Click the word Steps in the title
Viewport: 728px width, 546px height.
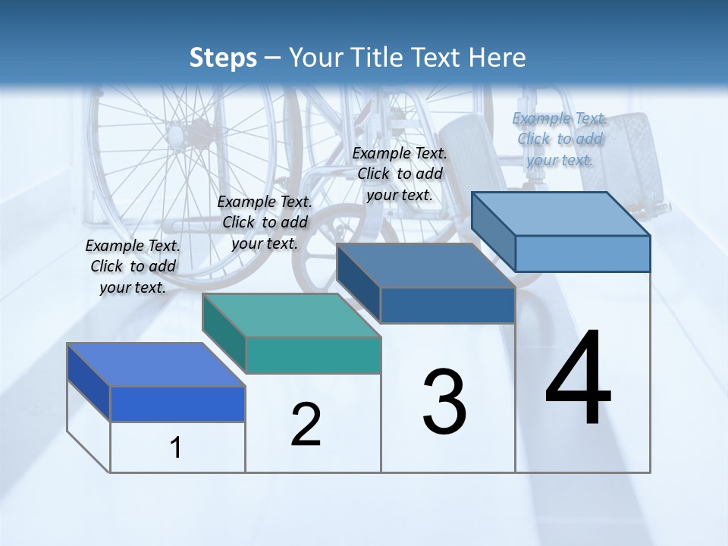(x=223, y=58)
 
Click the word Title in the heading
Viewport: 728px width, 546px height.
(x=378, y=58)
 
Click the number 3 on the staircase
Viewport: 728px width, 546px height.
(x=444, y=401)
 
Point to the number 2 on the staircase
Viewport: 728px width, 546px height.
(x=306, y=425)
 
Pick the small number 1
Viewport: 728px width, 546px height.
(x=176, y=448)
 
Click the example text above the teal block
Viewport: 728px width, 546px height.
(x=265, y=222)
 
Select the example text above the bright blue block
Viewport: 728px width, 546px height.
(x=133, y=266)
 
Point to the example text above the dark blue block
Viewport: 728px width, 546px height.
(x=400, y=174)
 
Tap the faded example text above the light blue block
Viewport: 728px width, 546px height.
(x=560, y=139)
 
